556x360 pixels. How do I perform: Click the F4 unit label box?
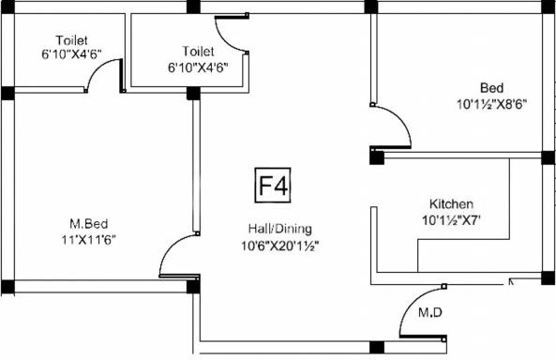(273, 187)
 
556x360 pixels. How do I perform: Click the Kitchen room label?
(451, 203)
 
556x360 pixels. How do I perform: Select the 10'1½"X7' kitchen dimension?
(451, 221)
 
